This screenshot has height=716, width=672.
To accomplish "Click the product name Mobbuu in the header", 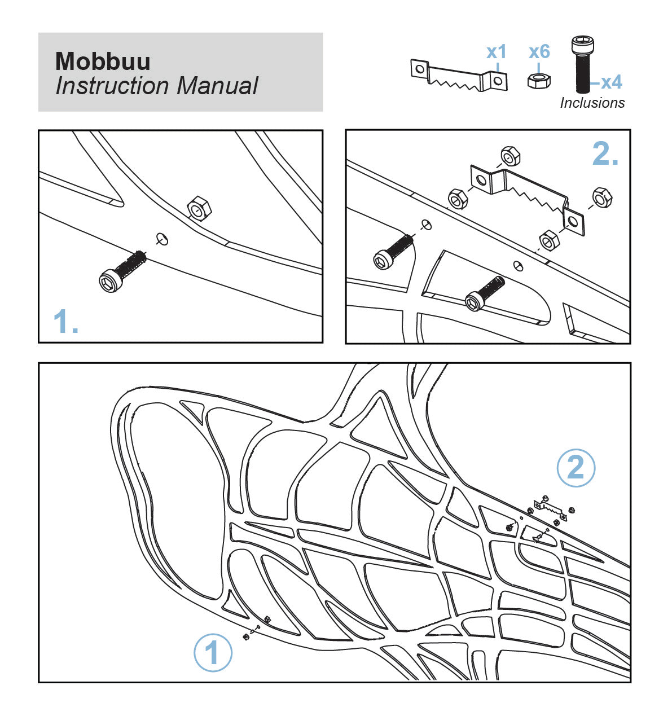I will (x=103, y=61).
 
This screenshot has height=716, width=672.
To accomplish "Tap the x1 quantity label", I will (x=497, y=52).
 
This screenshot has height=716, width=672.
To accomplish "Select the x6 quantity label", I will (x=539, y=52).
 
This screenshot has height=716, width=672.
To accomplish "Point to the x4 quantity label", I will (x=610, y=82).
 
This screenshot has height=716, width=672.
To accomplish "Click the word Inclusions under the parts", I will (x=592, y=103).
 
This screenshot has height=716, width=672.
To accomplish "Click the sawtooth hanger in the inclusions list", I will (x=458, y=76).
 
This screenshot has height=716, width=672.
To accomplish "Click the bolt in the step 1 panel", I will (x=121, y=273).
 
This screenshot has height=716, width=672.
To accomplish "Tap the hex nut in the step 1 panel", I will (x=199, y=209).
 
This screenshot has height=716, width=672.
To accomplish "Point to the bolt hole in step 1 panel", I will (x=162, y=239).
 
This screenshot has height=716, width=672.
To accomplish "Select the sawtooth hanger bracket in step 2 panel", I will (x=527, y=197).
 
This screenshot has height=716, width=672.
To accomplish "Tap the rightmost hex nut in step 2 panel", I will (x=601, y=197).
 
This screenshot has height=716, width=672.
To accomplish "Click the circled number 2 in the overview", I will (x=576, y=467).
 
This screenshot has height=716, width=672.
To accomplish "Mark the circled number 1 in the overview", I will (x=213, y=653).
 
